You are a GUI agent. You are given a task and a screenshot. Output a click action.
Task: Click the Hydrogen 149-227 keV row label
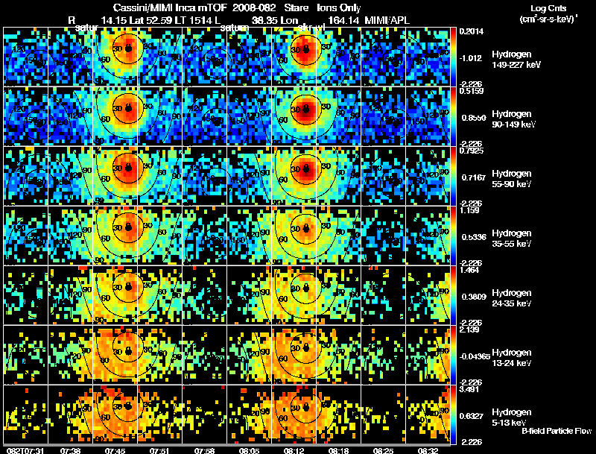[516, 60]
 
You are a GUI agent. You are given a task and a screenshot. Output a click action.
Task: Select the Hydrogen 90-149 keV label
[516, 119]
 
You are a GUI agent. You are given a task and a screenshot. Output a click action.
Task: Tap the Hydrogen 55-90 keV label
[516, 179]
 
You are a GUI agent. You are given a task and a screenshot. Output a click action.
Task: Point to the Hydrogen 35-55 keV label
[516, 239]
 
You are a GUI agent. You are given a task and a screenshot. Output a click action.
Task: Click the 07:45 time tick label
[116, 450]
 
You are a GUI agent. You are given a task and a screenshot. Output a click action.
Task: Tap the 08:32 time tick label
[428, 450]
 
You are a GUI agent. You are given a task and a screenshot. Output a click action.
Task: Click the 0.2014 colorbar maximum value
[471, 31]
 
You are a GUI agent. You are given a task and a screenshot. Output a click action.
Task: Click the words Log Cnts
[546, 8]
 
